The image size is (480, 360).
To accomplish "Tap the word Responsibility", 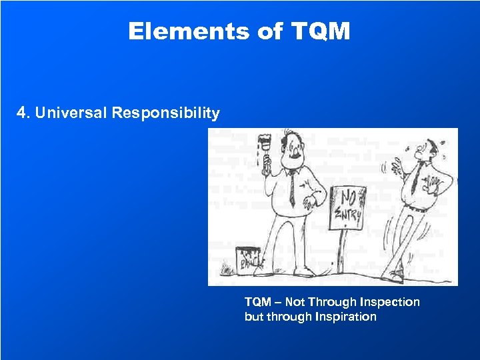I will [x=165, y=113].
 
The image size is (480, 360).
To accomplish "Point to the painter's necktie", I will [x=291, y=187].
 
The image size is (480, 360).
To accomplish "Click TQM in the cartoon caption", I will [x=258, y=302].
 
